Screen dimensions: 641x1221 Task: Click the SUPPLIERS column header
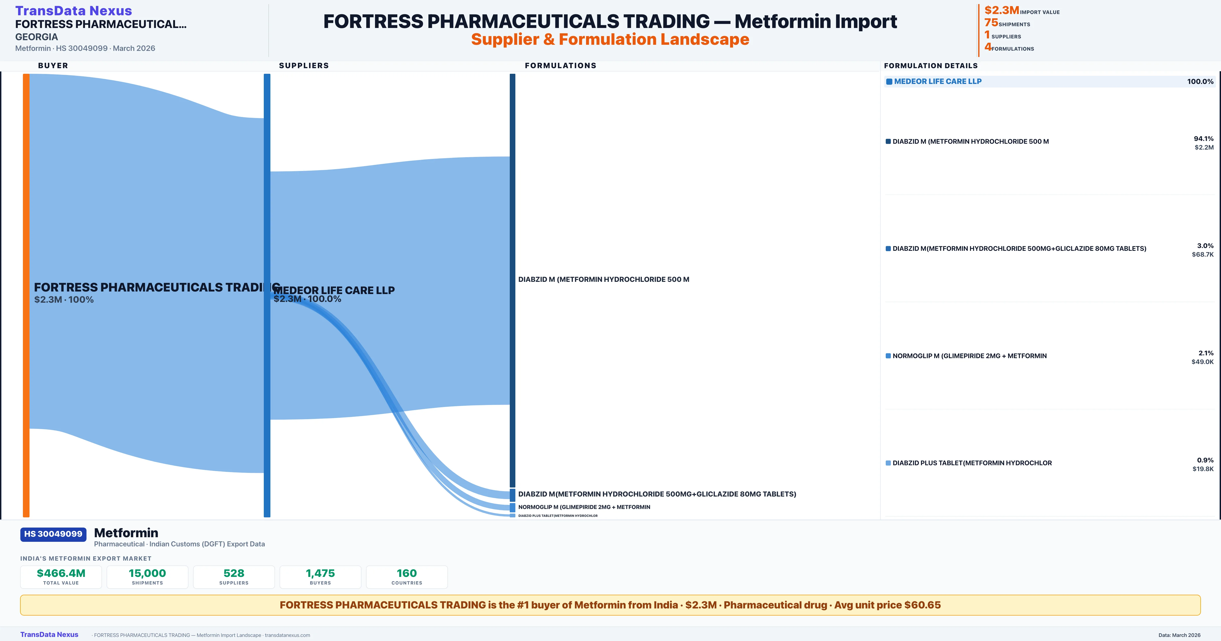(x=304, y=65)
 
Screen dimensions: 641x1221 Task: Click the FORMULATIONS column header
(x=560, y=65)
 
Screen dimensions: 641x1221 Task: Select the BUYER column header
(x=53, y=65)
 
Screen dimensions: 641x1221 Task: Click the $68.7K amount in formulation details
(x=1202, y=255)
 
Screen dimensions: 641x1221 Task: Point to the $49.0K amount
(x=1202, y=362)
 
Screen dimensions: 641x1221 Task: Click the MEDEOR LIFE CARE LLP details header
(x=938, y=82)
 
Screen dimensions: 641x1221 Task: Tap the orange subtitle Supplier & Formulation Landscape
(x=610, y=39)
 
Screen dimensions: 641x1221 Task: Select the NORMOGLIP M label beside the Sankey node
(x=584, y=507)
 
